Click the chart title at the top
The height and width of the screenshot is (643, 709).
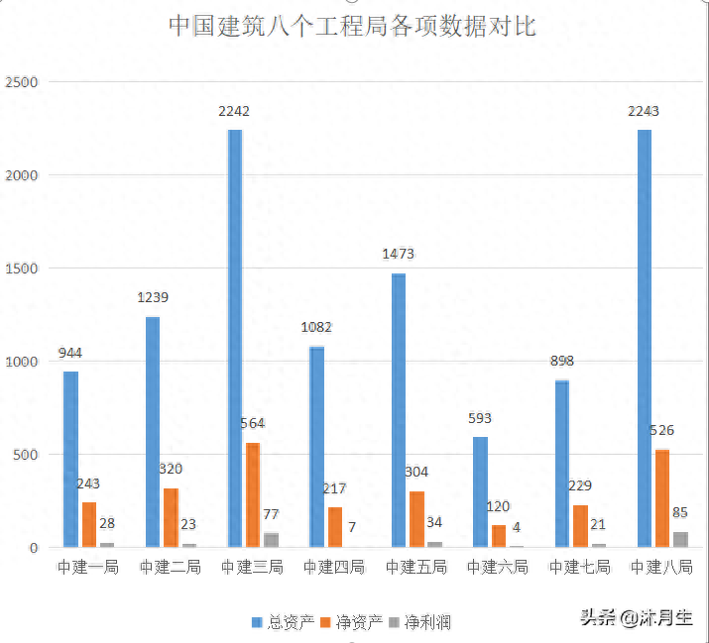pos(352,26)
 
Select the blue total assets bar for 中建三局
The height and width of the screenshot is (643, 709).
pos(235,337)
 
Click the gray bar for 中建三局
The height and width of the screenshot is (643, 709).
pos(271,539)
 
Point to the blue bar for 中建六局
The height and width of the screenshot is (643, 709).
pos(480,491)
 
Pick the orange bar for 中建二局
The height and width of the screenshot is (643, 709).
pos(172,516)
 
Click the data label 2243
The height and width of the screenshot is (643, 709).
pos(643,111)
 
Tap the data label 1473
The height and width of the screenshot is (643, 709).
pos(398,255)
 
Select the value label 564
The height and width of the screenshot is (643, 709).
pos(253,424)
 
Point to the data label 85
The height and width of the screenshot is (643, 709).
pos(680,513)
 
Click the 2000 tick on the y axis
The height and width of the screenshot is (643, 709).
pos(21,175)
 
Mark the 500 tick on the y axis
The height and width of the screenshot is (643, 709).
pos(25,455)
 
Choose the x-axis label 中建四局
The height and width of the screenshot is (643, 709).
pos(334,568)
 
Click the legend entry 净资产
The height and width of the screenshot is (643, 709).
pos(352,622)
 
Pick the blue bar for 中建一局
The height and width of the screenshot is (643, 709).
pos(70,459)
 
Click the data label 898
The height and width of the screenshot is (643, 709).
pos(562,362)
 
